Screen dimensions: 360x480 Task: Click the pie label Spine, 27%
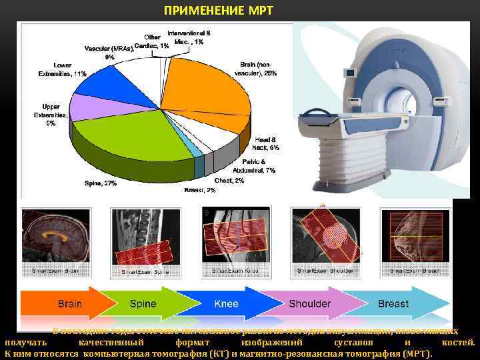[x=101, y=183]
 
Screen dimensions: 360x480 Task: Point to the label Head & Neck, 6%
[x=266, y=143]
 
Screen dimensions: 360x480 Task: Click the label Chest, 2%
[x=229, y=180]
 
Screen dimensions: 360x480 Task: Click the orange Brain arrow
[x=63, y=304]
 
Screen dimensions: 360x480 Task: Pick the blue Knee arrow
[x=225, y=304]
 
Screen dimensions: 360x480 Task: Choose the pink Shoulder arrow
[x=309, y=304]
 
